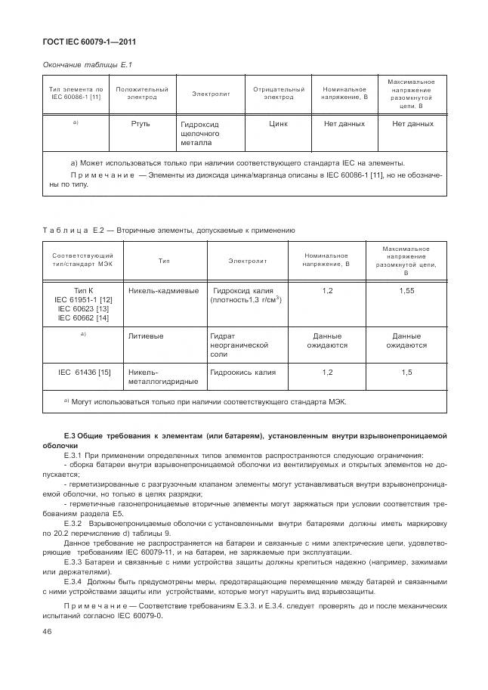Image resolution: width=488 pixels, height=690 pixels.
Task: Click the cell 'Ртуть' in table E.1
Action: coord(141,123)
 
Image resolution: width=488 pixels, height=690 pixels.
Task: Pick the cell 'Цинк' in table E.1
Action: coord(279,123)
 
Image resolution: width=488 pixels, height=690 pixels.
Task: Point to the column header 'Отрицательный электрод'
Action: coord(279,93)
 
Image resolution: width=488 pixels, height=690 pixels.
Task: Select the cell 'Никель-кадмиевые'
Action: coord(164,290)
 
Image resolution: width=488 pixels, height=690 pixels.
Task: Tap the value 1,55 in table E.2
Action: coord(406,290)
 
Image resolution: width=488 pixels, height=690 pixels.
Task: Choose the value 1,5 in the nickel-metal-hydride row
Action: coord(406,372)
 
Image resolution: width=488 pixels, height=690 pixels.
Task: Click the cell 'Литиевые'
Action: coord(147,336)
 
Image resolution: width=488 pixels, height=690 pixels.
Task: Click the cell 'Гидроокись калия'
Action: coord(243,372)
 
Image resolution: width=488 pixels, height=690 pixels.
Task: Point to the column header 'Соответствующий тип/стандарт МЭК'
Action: coord(82,261)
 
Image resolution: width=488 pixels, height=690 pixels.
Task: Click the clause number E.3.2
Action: coord(73,523)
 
